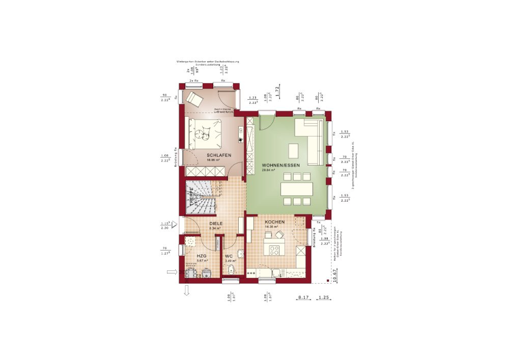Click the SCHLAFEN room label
click(219, 155)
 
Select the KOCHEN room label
click(274, 223)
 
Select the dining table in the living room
click(296, 189)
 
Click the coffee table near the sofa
click(294, 151)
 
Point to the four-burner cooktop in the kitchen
click(275, 250)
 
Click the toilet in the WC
click(231, 270)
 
